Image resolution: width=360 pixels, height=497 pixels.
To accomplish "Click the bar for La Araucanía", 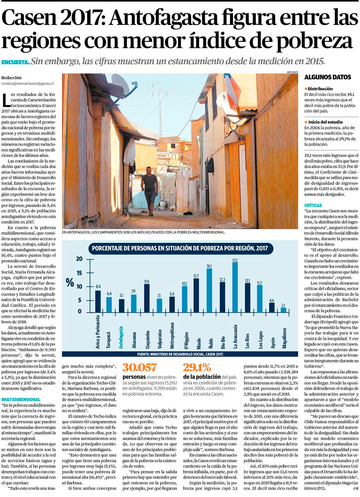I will click(235, 287).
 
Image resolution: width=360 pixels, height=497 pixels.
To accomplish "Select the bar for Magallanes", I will click(284, 309).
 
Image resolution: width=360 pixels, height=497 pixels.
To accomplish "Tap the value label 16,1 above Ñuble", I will click(209, 266).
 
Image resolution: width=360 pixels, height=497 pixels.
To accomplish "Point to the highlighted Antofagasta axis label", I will click(121, 337).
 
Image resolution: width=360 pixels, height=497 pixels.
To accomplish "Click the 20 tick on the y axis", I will click(79, 259).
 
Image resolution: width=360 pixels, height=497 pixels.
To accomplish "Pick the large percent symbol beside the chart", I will click(70, 282).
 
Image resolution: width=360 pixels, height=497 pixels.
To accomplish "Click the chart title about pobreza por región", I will click(180, 248).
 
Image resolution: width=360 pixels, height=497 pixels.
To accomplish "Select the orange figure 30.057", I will click(140, 367).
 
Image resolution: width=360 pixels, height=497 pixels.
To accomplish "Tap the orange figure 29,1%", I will click(197, 367).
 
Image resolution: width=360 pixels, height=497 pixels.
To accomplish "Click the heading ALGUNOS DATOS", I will click(328, 77).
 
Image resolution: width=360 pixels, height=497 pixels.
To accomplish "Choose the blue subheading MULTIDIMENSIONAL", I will click(21, 399).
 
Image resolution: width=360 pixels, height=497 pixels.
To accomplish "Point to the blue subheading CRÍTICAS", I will click(313, 205).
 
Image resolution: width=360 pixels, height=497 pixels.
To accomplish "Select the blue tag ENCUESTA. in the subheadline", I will click(15, 62).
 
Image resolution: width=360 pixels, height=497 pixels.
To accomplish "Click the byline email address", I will click(27, 84).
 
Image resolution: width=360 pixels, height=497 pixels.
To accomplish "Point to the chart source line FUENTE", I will click(180, 354).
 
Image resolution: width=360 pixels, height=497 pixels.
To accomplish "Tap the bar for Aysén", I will click(272, 307).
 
